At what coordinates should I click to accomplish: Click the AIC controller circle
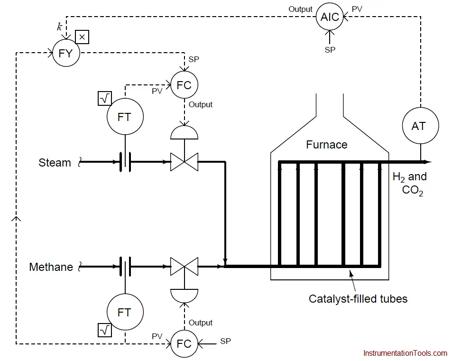pos(330,17)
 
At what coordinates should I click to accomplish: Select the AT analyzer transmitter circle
pos(420,126)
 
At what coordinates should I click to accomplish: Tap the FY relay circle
pos(66,53)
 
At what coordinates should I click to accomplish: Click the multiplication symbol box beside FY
pos(82,37)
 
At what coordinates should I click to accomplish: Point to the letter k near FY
pos(59,27)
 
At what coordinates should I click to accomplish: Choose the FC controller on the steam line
pos(184,85)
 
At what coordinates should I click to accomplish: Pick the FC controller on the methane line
pos(184,344)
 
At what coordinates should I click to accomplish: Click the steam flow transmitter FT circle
pos(125,117)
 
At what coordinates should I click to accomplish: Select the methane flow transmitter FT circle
pos(125,312)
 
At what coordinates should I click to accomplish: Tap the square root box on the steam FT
pos(105,99)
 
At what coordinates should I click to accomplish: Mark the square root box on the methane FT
pos(105,330)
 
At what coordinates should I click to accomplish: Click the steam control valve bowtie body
pos(184,162)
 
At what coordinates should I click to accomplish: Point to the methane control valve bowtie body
pos(184,267)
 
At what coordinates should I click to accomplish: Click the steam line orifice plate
pos(125,162)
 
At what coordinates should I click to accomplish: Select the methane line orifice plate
pos(125,267)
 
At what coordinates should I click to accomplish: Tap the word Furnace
pos(327,145)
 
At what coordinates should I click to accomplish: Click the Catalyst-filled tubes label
pos(358,299)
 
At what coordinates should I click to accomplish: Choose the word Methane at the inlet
pos(51,267)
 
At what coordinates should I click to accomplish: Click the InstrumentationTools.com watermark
pos(405,353)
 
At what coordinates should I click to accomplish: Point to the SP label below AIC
pos(330,50)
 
